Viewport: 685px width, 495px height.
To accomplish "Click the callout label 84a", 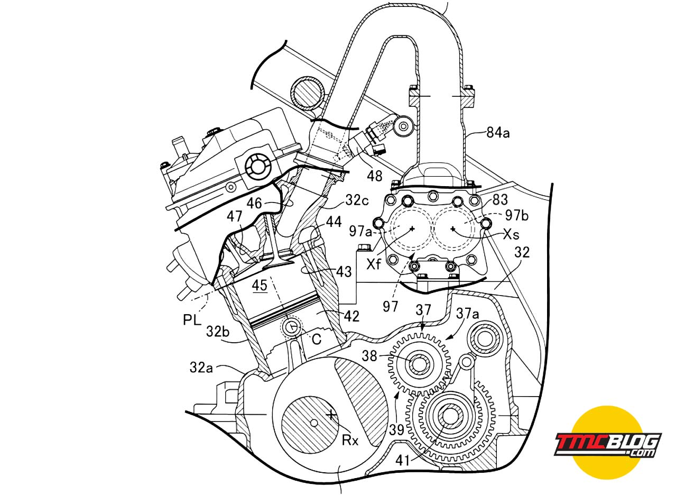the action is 498,133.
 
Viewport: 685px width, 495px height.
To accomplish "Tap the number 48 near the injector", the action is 375,176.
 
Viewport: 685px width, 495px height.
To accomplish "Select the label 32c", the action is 357,200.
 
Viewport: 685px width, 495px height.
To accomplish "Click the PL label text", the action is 192,320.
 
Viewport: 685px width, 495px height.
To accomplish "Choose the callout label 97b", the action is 517,216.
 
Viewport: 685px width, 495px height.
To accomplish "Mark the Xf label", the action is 374,264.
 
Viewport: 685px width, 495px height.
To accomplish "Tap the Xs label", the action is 511,234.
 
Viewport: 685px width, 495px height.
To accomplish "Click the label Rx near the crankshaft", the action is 350,441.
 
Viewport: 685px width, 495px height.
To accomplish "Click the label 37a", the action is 467,314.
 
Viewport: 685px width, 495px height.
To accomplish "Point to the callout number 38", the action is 369,356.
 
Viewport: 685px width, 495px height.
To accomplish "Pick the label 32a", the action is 201,368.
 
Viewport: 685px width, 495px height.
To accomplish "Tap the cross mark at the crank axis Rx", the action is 330,415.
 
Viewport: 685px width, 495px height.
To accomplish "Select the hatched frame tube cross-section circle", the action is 308,93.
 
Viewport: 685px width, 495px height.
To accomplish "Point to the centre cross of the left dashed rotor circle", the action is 412,228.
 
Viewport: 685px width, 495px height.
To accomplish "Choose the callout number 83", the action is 501,199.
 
